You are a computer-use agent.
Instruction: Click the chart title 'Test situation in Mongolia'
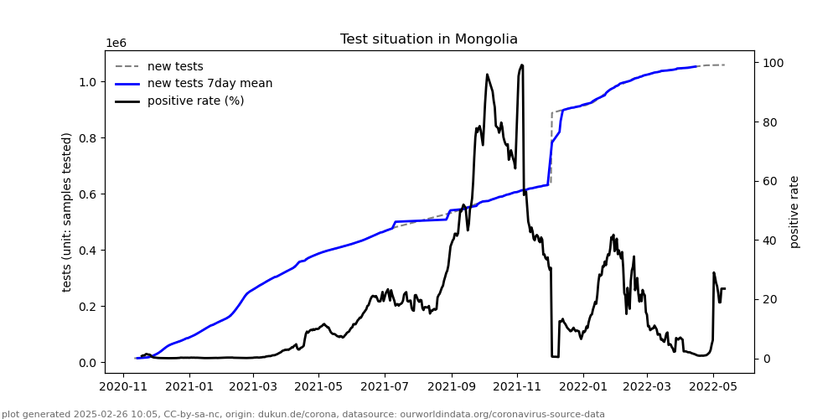[x=428, y=39]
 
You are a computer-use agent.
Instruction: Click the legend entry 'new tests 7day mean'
[x=209, y=84]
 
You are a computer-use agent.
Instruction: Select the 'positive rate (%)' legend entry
[x=195, y=101]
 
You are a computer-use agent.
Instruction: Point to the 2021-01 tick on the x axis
[x=189, y=387]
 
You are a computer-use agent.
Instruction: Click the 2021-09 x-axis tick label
[x=452, y=387]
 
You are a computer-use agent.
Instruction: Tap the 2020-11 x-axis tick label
[x=124, y=387]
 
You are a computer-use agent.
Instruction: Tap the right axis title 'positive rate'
[x=794, y=212]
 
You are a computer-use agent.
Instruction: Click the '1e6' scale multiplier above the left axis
[x=116, y=44]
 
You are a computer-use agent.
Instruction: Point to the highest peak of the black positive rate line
[x=522, y=65]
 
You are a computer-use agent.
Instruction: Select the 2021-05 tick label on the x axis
[x=320, y=387]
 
